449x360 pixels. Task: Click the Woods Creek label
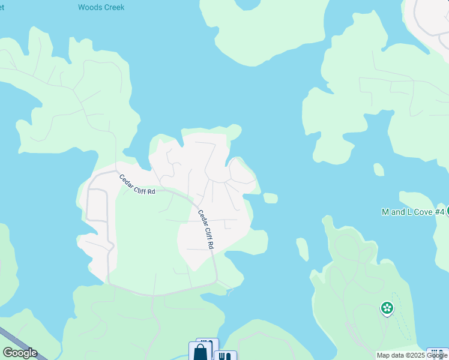click(x=101, y=8)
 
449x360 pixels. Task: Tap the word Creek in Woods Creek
click(x=113, y=8)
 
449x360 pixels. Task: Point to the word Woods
click(x=89, y=8)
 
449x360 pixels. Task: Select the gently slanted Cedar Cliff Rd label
click(x=137, y=185)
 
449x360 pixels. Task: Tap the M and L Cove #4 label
click(x=414, y=212)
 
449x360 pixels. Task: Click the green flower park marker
click(x=387, y=309)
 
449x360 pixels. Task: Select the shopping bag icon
click(x=200, y=352)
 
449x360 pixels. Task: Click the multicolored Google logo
click(x=20, y=353)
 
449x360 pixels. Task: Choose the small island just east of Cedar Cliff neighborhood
click(x=270, y=198)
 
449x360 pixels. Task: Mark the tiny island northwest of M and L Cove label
click(x=378, y=170)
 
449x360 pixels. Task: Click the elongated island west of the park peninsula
click(x=303, y=249)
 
